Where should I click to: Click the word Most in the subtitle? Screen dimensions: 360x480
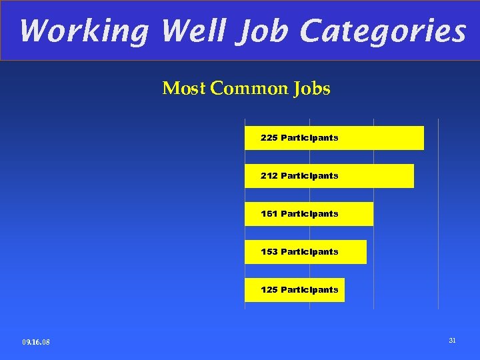[x=183, y=89]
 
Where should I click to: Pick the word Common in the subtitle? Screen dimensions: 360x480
[x=247, y=89]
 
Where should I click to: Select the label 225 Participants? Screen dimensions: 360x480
[x=299, y=138]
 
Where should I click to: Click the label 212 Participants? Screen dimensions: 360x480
[x=299, y=176]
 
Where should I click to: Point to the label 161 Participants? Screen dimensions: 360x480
[x=299, y=214]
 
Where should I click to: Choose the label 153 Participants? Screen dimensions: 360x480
[x=299, y=252]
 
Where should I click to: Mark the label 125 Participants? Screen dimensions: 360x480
[x=299, y=290]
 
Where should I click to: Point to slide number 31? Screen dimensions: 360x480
[x=452, y=341]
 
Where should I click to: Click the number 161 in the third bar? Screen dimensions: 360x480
[x=269, y=214]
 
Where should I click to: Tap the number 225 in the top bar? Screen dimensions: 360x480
[x=269, y=138]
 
